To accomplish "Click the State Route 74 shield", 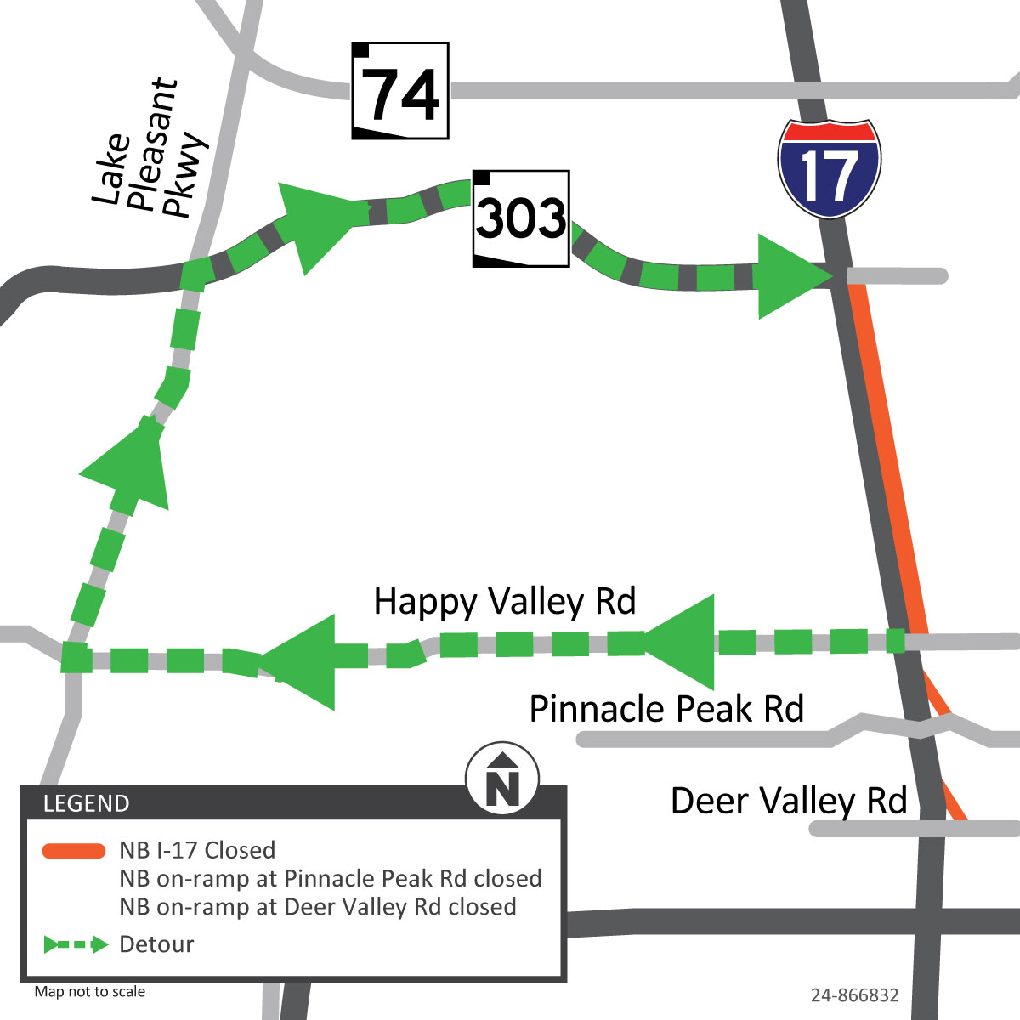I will pyautogui.click(x=400, y=91).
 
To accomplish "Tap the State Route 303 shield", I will pyautogui.click(x=521, y=218).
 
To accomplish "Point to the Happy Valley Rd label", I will pyautogui.click(x=505, y=601).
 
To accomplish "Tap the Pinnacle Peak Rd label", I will pyautogui.click(x=666, y=708).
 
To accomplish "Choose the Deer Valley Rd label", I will pyautogui.click(x=789, y=801).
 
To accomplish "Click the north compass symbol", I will pyautogui.click(x=502, y=778).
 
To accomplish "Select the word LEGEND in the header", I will pyautogui.click(x=86, y=803).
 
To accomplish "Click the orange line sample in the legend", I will pyautogui.click(x=74, y=851).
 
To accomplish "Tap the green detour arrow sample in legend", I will pyautogui.click(x=76, y=944).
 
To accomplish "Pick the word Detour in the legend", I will pyautogui.click(x=156, y=944).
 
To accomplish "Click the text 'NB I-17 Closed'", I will pyautogui.click(x=197, y=850).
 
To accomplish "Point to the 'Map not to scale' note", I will pyautogui.click(x=90, y=991).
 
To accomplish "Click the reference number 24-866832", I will pyautogui.click(x=854, y=995).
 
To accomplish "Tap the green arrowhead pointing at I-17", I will pyautogui.click(x=786, y=277).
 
